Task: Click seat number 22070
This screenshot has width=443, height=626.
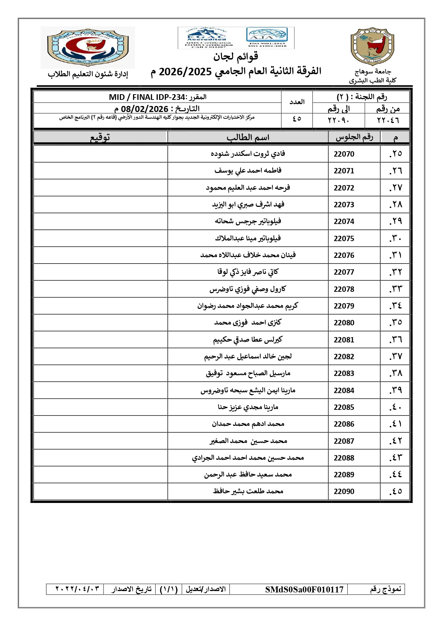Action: tap(344, 154)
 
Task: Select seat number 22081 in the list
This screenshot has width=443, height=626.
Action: tap(344, 340)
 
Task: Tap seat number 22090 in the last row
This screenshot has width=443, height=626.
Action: tap(344, 492)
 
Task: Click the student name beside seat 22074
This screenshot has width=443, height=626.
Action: tap(248, 222)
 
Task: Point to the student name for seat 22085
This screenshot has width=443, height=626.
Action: tap(248, 407)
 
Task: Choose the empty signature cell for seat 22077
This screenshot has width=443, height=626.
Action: tap(100, 272)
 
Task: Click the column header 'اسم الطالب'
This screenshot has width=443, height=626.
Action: tap(248, 137)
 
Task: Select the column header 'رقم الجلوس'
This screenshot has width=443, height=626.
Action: tap(354, 137)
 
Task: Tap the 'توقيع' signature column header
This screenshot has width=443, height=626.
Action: tap(100, 137)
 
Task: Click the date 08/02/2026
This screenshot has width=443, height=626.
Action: tap(145, 109)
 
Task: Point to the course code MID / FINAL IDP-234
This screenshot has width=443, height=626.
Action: tap(147, 97)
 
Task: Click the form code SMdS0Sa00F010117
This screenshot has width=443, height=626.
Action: tap(304, 589)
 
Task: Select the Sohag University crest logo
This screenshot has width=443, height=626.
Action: tap(372, 47)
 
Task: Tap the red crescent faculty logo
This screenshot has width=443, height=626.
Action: tap(88, 47)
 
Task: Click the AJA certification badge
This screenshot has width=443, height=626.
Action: tap(267, 37)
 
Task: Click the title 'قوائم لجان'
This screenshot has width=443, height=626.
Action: tap(236, 56)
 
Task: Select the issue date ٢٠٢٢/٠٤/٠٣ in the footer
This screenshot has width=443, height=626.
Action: tap(77, 589)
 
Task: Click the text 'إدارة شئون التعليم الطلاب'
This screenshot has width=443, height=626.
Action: tap(88, 74)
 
